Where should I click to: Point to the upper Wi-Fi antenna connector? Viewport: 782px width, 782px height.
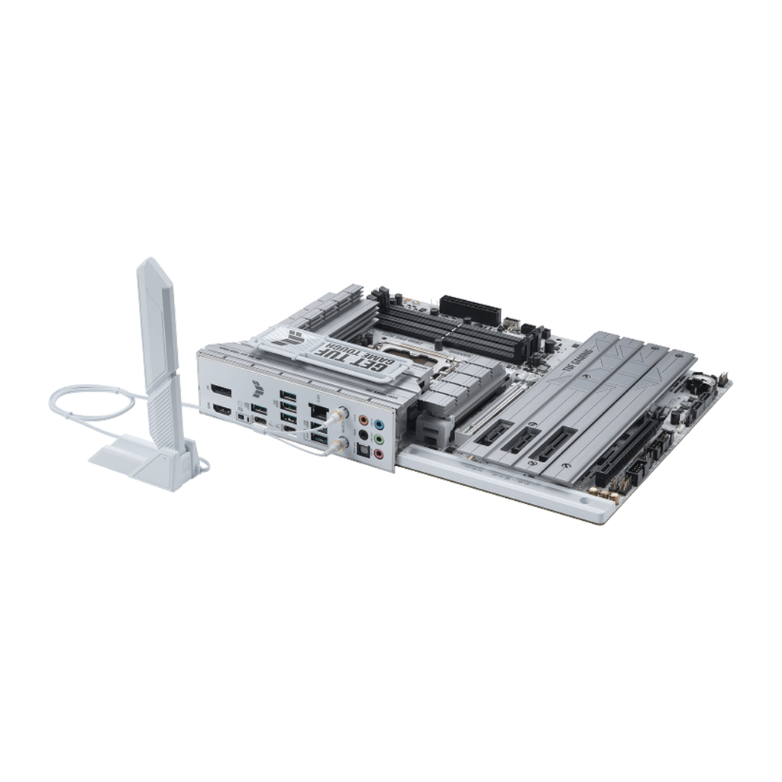pos(341,413)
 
